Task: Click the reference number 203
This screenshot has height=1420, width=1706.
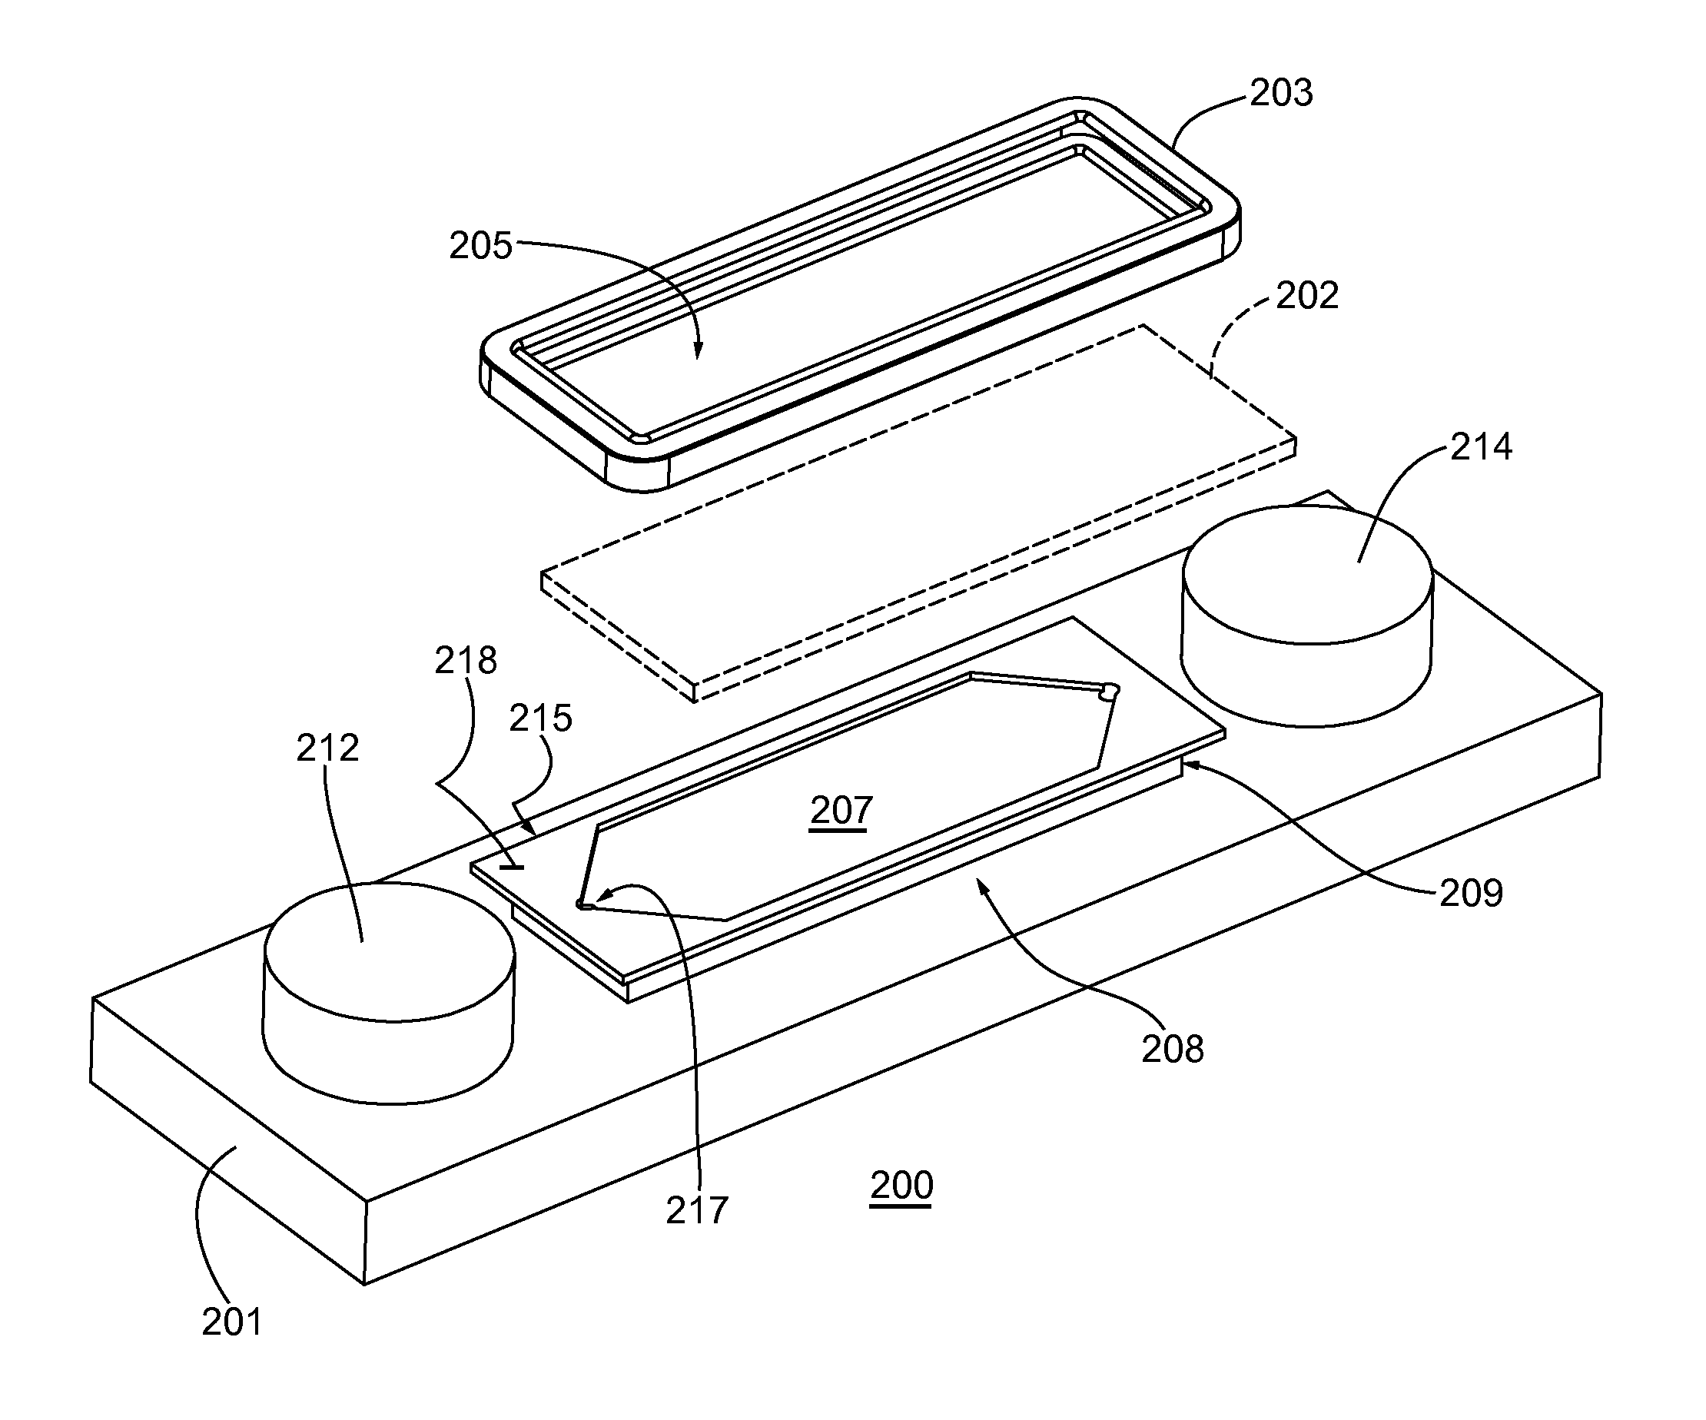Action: (x=1281, y=94)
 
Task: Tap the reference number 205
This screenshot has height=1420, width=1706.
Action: (x=481, y=245)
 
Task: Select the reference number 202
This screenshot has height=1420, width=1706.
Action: (x=1307, y=296)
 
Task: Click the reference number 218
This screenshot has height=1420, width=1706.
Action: (x=466, y=662)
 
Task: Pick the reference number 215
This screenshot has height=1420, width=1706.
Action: (x=541, y=719)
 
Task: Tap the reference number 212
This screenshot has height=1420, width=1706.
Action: (x=327, y=748)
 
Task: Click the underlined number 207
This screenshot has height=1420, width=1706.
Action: (x=841, y=811)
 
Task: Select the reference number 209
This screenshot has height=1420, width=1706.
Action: (x=1471, y=894)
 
